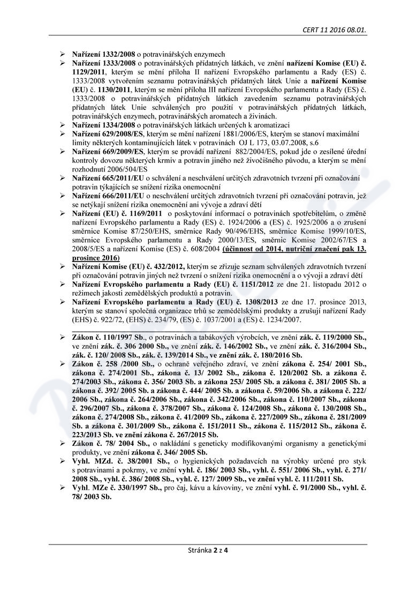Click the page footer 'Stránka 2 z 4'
208,550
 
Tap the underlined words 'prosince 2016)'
96,257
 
